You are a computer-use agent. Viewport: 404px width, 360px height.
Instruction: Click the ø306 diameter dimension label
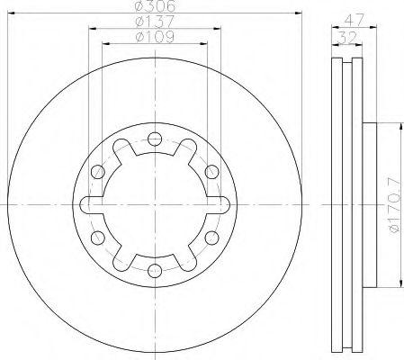pyautogui.click(x=155, y=5)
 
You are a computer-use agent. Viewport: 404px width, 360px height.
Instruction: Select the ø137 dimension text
pyautogui.click(x=155, y=21)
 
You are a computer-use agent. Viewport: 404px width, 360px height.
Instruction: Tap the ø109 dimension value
pyautogui.click(x=155, y=37)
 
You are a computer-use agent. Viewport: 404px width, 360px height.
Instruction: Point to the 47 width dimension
pyautogui.click(x=354, y=20)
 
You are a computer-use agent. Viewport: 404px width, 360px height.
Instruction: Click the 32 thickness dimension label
pyautogui.click(x=347, y=38)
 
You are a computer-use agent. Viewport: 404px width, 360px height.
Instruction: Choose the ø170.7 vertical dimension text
pyautogui.click(x=394, y=205)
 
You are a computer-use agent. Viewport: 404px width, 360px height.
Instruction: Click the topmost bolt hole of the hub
pyautogui.click(x=155, y=139)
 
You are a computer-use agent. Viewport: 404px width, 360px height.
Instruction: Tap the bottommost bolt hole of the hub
pyautogui.click(x=155, y=271)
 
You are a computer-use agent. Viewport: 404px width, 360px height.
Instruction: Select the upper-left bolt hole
pyautogui.click(x=98, y=172)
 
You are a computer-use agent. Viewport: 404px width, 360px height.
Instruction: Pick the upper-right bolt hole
pyautogui.click(x=212, y=172)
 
